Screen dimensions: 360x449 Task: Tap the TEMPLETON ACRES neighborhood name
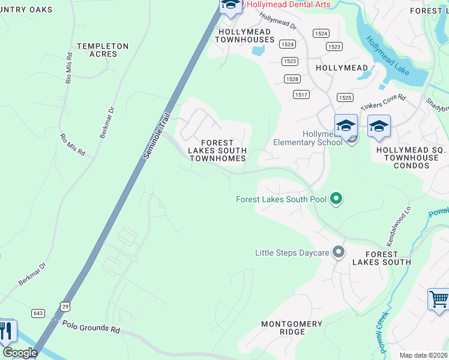click(103, 50)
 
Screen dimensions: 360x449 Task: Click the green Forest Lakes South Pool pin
click(337, 198)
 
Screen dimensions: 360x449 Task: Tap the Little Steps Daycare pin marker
click(339, 252)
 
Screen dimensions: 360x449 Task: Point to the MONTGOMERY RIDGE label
click(292, 328)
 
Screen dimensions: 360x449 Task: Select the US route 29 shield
click(65, 306)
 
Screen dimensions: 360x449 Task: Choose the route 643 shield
click(39, 313)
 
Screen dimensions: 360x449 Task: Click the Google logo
click(20, 353)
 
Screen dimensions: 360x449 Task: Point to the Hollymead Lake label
click(388, 56)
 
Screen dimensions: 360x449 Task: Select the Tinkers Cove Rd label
click(383, 102)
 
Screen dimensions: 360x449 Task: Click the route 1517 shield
click(301, 95)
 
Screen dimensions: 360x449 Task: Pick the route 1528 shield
click(292, 79)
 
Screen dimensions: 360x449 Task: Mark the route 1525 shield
click(345, 97)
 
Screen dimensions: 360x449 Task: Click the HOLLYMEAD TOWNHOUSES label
click(246, 35)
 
